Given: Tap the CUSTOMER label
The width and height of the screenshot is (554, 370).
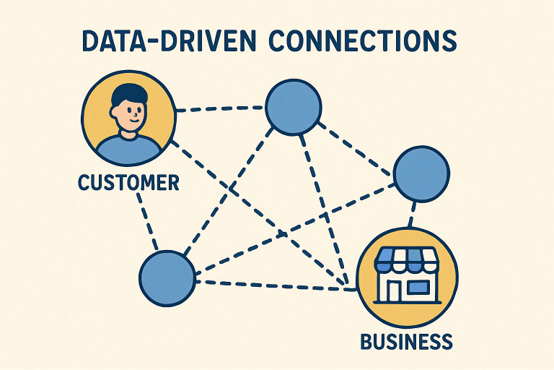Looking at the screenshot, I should point(128,182).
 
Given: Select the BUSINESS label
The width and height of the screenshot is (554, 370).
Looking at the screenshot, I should point(405,340).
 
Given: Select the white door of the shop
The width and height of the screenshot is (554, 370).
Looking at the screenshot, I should point(394,288).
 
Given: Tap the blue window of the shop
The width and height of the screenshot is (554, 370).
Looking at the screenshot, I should point(418,287).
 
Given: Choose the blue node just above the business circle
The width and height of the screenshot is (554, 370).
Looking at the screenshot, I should point(421,174).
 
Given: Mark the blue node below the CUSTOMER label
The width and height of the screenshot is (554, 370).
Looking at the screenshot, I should point(167,277).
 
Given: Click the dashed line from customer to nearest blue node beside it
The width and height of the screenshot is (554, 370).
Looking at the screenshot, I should point(220,110).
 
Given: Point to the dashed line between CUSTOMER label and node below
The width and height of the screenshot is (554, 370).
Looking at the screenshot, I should point(146,220).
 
